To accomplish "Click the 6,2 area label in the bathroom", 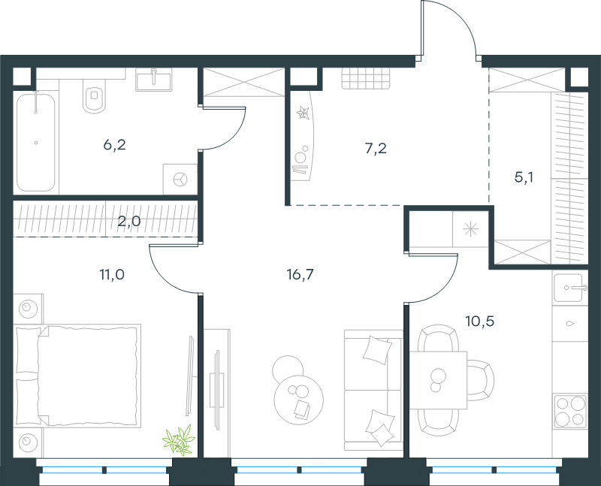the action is (x=115, y=145).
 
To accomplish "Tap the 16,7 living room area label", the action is (x=300, y=274).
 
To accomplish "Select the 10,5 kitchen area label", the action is (x=479, y=321).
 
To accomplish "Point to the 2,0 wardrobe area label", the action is (x=128, y=221).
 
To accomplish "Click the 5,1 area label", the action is (x=524, y=177).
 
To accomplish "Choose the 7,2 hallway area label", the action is (x=376, y=148).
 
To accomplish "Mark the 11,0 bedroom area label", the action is (x=112, y=274).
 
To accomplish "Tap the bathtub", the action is (x=36, y=142).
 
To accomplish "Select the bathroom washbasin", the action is (x=153, y=80).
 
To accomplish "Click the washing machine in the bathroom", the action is (x=180, y=179).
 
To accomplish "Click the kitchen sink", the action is (x=570, y=288).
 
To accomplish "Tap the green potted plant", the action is (x=178, y=440).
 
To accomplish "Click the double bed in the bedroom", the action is (x=77, y=376).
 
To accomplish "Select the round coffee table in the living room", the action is (x=298, y=399).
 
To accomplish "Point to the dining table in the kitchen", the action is (x=438, y=380).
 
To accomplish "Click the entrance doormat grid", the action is (x=366, y=79).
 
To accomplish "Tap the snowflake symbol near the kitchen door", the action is (x=470, y=230).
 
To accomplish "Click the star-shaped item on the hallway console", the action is (x=304, y=113).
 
